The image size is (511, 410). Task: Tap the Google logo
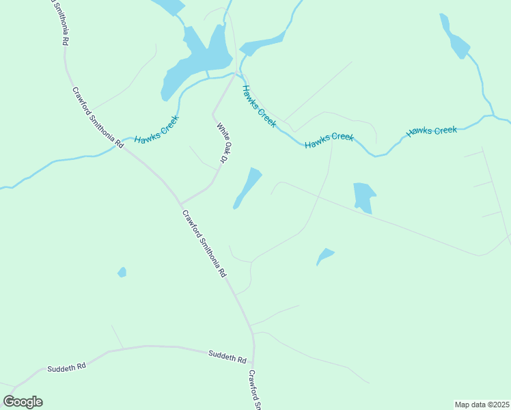[x=23, y=402]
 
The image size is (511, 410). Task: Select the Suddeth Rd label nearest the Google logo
[x=66, y=368]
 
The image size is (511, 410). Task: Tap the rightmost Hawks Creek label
[x=431, y=131]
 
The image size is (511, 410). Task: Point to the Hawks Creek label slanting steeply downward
[x=258, y=106]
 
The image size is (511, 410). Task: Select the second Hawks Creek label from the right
[x=329, y=141]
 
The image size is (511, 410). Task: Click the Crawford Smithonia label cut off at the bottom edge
[x=255, y=389]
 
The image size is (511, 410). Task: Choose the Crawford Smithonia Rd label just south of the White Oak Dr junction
[x=204, y=242]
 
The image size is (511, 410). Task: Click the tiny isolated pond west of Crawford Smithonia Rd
[x=122, y=272]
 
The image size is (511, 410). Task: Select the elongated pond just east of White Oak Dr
[x=247, y=188]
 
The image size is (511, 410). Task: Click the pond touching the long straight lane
[x=363, y=197]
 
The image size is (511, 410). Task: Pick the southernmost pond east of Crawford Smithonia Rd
[x=325, y=256]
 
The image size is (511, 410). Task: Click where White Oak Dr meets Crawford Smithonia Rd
[x=180, y=204]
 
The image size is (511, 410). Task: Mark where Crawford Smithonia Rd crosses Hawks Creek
[x=125, y=145]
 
